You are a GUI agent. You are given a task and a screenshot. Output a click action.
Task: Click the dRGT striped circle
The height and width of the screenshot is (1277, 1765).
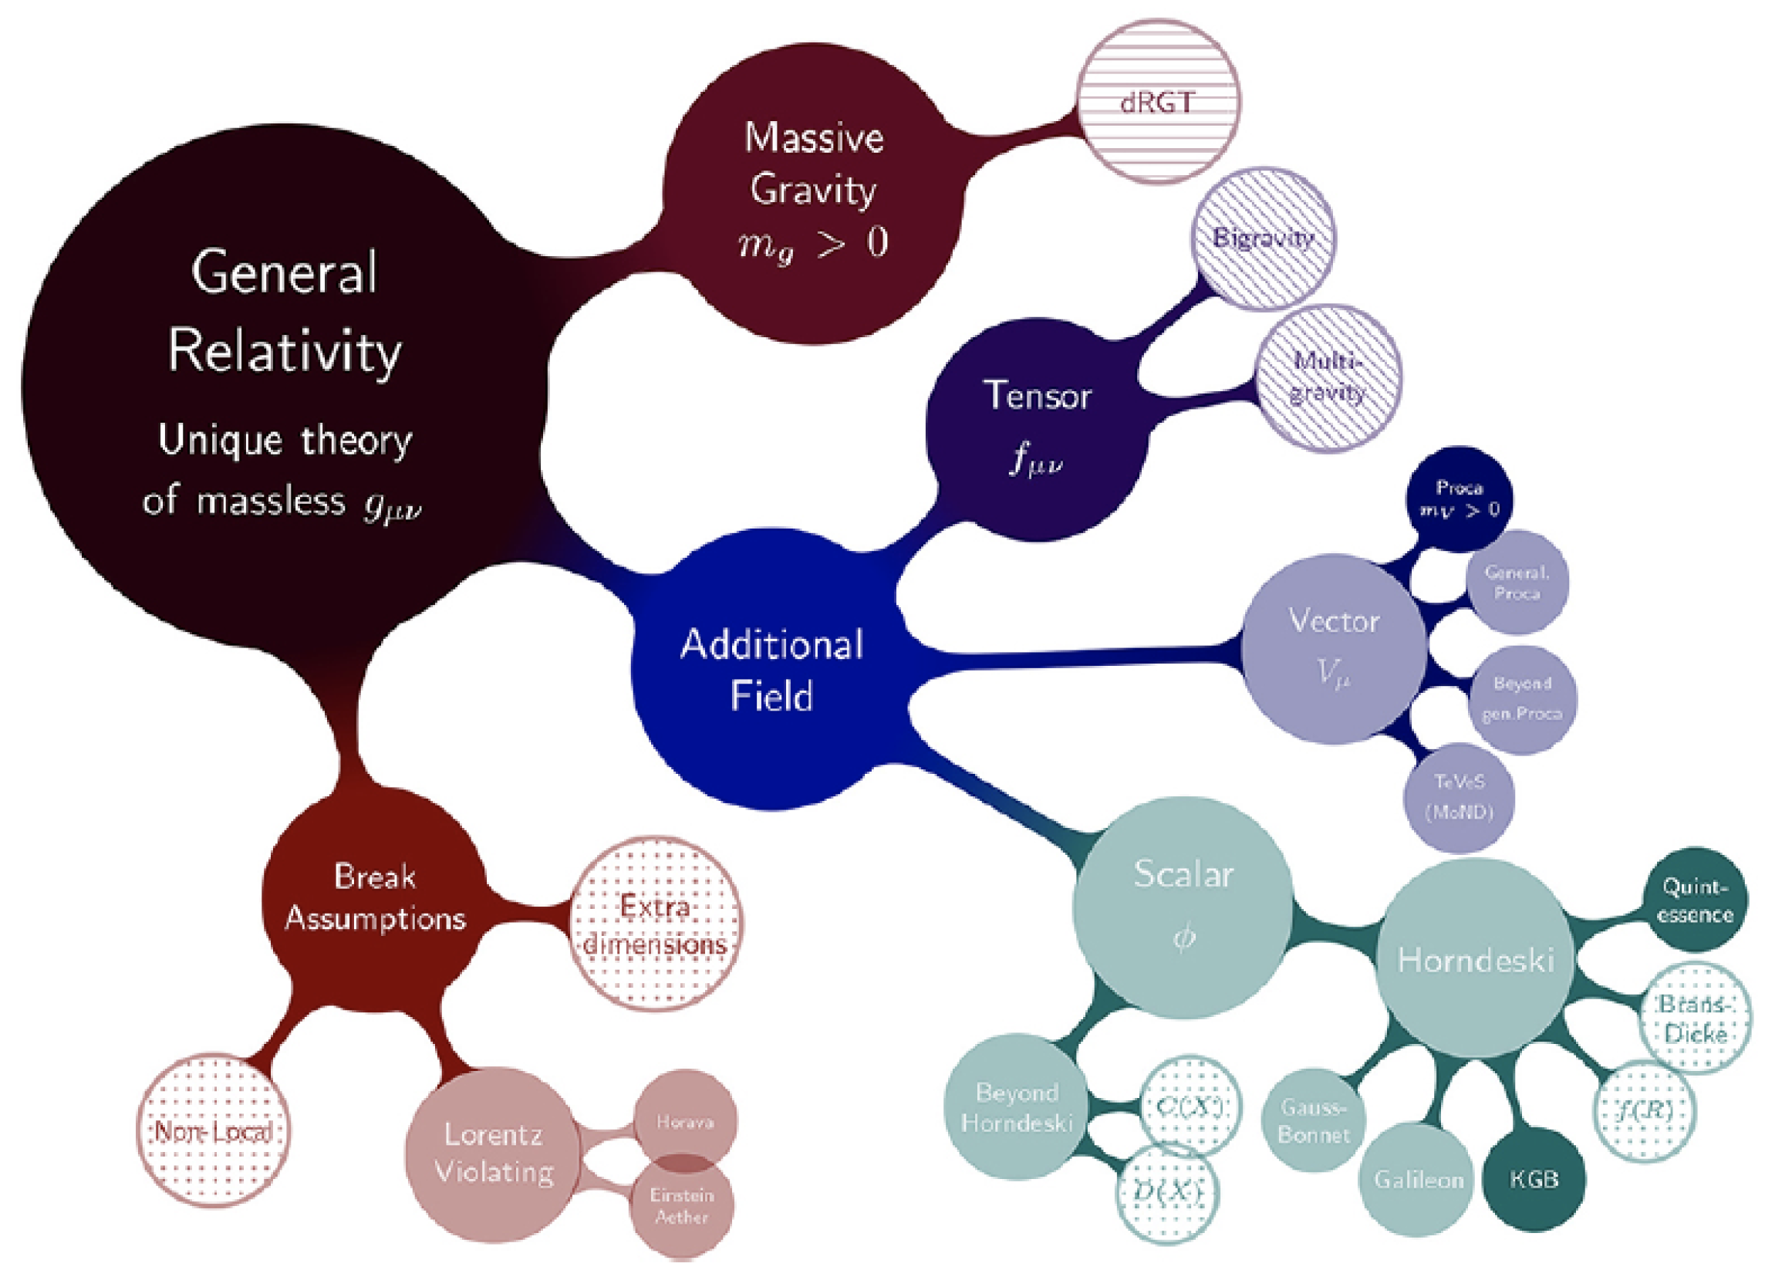pyautogui.click(x=1157, y=102)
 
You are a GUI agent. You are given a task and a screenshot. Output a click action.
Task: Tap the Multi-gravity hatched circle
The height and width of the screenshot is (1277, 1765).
pyautogui.click(x=1328, y=378)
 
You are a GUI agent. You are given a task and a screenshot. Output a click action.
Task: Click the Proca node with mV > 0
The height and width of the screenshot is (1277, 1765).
pyautogui.click(x=1460, y=498)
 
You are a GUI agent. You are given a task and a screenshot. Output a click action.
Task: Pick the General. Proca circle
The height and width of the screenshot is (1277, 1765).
pyautogui.click(x=1516, y=583)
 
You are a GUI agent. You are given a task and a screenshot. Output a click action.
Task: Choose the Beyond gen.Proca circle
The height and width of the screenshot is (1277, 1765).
pyautogui.click(x=1522, y=699)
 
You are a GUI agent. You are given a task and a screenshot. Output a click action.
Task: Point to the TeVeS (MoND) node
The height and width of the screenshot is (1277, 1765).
pyautogui.click(x=1460, y=797)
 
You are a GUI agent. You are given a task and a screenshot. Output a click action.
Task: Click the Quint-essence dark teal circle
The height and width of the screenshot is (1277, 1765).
pyautogui.click(x=1694, y=900)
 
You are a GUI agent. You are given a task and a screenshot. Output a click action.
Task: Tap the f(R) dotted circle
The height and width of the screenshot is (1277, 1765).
pyautogui.click(x=1645, y=1110)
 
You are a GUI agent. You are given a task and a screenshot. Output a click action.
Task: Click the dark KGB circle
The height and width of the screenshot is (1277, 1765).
pyautogui.click(x=1534, y=1179)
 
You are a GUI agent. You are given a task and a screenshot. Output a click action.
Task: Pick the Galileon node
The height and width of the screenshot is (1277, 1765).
pyautogui.click(x=1418, y=1180)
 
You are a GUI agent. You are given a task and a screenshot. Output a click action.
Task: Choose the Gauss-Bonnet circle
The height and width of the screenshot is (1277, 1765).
pyautogui.click(x=1314, y=1120)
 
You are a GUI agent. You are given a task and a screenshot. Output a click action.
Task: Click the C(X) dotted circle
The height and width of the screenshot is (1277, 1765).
pyautogui.click(x=1190, y=1106)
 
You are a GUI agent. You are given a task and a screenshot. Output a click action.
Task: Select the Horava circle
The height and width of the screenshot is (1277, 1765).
pyautogui.click(x=685, y=1121)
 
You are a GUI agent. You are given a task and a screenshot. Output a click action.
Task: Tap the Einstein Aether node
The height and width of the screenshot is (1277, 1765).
pyautogui.click(x=682, y=1206)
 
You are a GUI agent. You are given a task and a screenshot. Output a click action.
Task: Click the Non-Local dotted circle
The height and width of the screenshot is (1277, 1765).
pyautogui.click(x=213, y=1130)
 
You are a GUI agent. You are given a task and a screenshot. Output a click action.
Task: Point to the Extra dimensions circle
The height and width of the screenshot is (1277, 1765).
pyautogui.click(x=656, y=925)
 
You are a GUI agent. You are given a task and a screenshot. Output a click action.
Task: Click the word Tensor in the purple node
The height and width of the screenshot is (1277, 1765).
pyautogui.click(x=1038, y=396)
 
